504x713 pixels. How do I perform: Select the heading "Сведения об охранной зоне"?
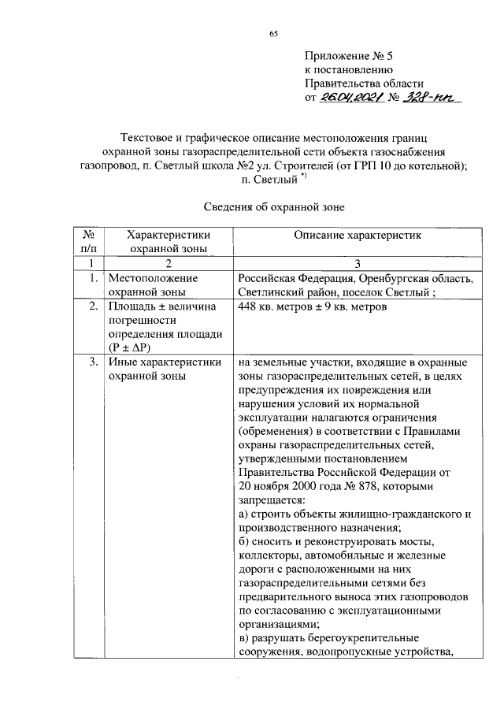274,206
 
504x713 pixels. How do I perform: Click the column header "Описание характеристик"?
358,235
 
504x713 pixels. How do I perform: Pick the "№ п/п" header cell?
89,241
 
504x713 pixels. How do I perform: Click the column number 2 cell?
167,264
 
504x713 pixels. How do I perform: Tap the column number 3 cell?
358,264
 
